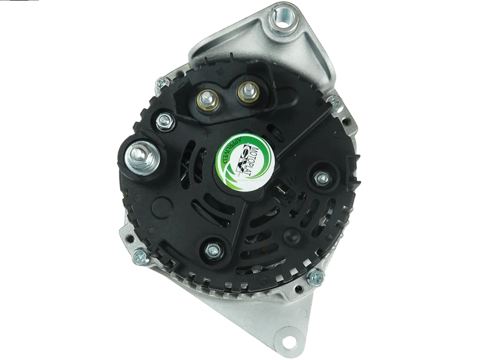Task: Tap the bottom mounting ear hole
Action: [287, 339]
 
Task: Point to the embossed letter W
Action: [292, 180]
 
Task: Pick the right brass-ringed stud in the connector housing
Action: [246, 91]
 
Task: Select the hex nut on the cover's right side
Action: [321, 178]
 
